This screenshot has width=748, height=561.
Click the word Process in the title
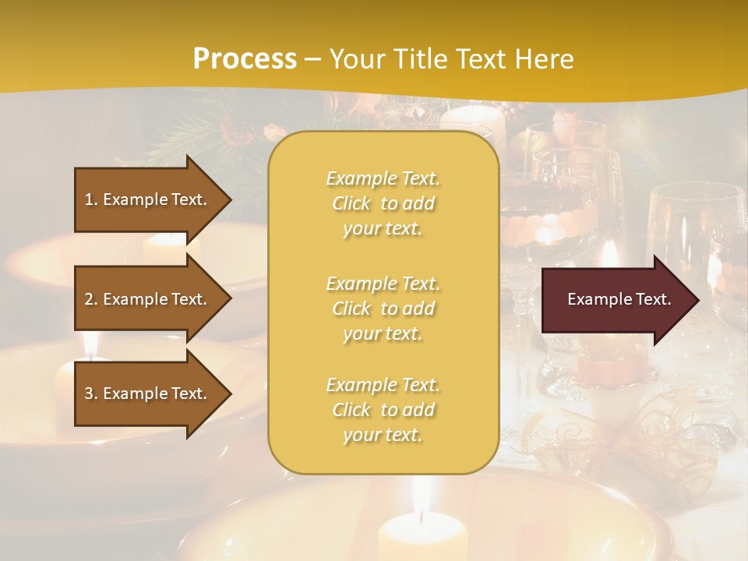[x=245, y=59]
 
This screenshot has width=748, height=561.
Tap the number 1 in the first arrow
[x=89, y=199]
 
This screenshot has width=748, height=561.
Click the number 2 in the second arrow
[x=89, y=299]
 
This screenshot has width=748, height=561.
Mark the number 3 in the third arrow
[x=89, y=393]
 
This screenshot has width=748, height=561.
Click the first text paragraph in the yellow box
[x=383, y=203]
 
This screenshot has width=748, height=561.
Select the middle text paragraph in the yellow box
[x=383, y=308]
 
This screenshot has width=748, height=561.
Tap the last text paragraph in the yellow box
[x=383, y=410]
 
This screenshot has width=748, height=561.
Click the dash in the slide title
[x=313, y=59]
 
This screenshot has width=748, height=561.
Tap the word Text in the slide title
[x=478, y=59]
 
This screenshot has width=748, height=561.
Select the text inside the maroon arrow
[x=619, y=299]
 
